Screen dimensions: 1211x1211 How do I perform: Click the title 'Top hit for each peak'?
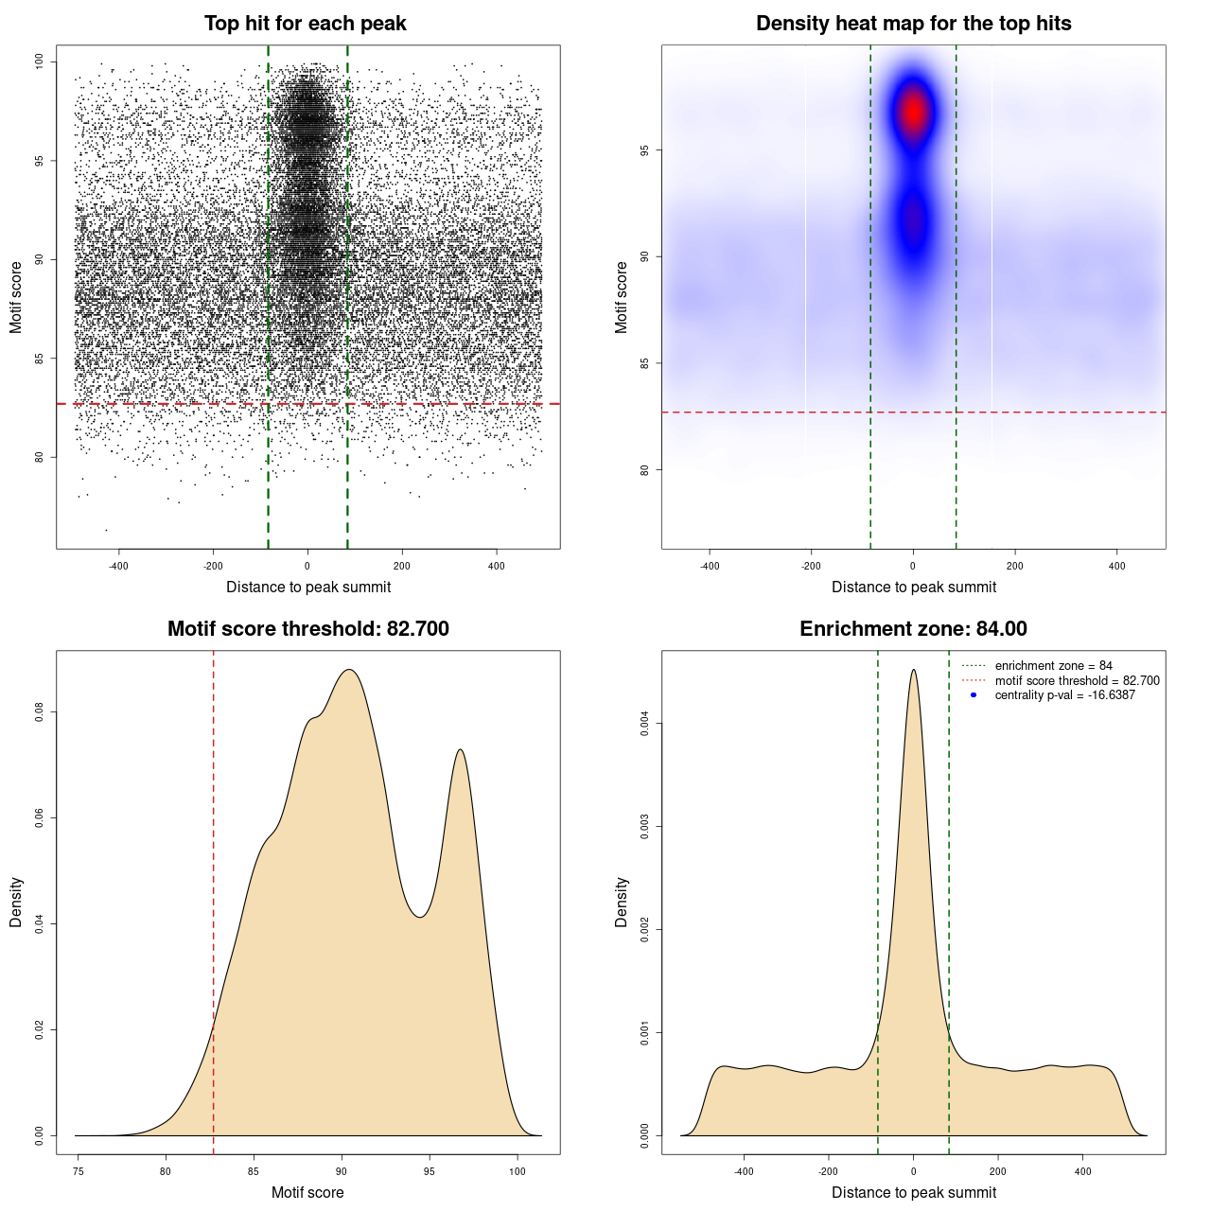click(x=305, y=24)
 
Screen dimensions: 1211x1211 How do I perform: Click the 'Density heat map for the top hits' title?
click(x=913, y=24)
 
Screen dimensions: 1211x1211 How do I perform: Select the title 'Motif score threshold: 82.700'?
click(x=307, y=629)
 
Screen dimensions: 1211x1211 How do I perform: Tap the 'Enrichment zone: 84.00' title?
click(x=913, y=629)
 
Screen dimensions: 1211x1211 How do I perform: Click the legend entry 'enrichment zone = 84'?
click(x=1053, y=666)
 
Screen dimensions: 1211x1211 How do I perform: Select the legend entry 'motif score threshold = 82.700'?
click(x=1077, y=681)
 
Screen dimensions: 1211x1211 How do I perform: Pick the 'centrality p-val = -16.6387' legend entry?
click(x=1064, y=695)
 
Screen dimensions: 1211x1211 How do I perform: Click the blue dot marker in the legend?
click(x=974, y=695)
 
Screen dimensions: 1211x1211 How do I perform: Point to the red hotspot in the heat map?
click(x=913, y=112)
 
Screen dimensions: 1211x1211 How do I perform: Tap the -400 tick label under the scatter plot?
click(x=118, y=567)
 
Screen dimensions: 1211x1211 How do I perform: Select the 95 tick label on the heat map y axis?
click(x=645, y=150)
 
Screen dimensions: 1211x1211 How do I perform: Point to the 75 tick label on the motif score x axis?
click(x=78, y=1171)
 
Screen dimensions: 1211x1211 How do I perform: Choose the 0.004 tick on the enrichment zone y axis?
click(x=645, y=724)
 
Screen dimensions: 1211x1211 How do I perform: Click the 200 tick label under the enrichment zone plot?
click(x=998, y=1171)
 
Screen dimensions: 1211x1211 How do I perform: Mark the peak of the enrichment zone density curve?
click(x=913, y=670)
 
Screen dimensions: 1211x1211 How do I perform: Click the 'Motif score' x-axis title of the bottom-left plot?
click(x=307, y=1192)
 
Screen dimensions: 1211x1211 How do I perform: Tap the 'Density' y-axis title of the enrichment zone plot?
click(x=622, y=902)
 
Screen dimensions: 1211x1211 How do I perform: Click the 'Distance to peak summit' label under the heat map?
click(x=913, y=587)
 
